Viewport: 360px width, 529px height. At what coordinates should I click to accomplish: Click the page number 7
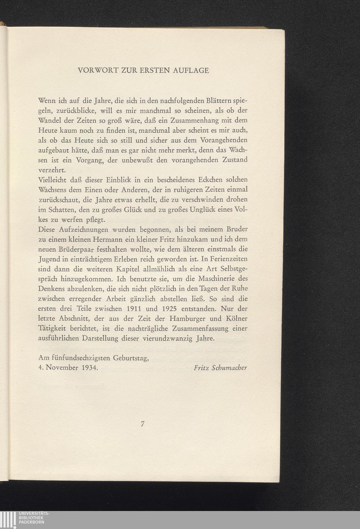143,424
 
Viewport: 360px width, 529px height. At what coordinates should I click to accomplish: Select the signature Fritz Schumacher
220,368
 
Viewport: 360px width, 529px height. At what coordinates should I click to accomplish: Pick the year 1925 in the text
171,308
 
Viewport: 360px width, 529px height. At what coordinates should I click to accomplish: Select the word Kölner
236,318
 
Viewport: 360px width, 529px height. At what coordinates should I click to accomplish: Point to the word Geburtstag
131,358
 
